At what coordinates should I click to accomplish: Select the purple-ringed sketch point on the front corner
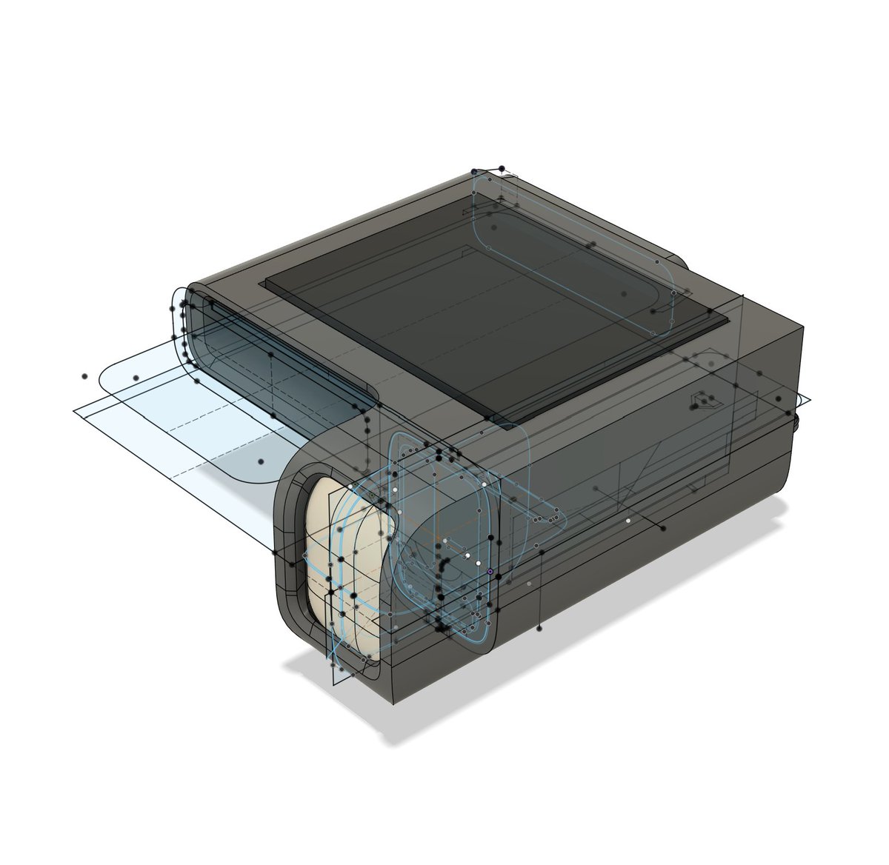point(490,572)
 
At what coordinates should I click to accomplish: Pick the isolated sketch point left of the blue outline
point(84,376)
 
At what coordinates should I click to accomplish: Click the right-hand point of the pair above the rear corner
point(502,169)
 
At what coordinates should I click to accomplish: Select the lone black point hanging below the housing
point(539,628)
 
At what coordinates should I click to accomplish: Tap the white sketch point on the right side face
point(628,521)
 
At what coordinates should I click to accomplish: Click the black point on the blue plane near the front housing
point(261,461)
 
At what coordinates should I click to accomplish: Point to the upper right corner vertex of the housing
point(802,326)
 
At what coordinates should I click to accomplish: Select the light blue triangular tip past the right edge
point(808,401)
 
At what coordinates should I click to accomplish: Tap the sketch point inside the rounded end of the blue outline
point(136,378)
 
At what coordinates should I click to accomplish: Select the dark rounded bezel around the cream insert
point(289,563)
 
